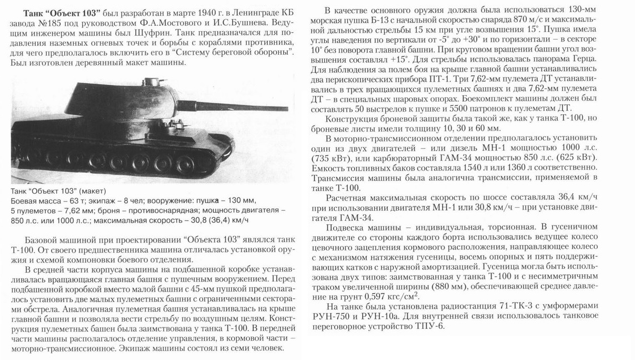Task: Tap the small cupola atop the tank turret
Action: point(153,80)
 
